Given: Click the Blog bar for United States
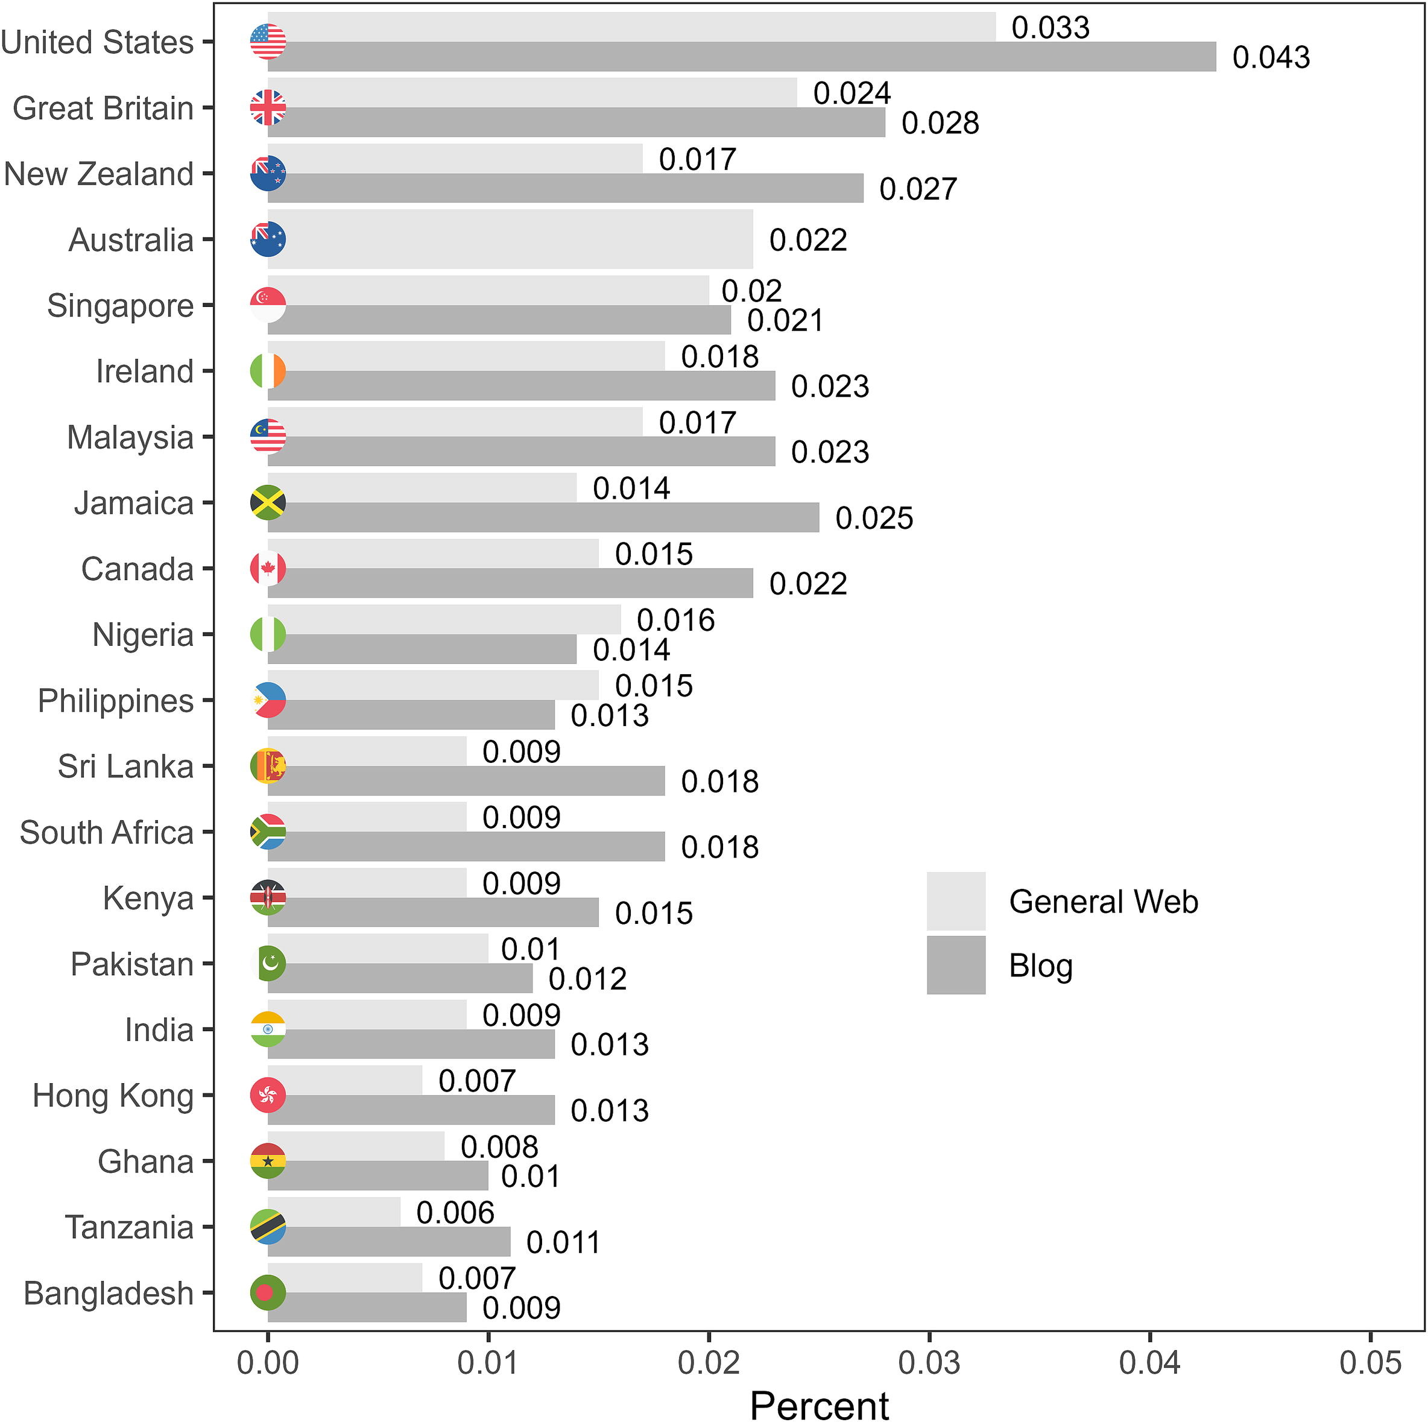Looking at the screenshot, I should click(741, 57).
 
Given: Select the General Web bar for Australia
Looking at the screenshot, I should click(510, 239).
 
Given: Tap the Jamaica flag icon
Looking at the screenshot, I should click(268, 502).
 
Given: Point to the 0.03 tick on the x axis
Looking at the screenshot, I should click(929, 1362).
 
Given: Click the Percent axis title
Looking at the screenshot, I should click(819, 1405).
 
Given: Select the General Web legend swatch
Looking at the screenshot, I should click(956, 901).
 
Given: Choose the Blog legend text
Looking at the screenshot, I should click(1040, 965).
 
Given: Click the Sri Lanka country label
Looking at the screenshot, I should click(125, 766).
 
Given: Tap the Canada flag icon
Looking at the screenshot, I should click(268, 568).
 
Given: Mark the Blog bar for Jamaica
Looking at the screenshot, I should click(543, 517).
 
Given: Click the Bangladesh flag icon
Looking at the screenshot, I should click(268, 1293).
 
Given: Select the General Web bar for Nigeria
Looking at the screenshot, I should click(443, 619).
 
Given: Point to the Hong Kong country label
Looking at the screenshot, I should click(113, 1095).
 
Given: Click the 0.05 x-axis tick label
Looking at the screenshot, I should click(1370, 1362).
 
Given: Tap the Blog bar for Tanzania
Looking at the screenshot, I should click(389, 1242).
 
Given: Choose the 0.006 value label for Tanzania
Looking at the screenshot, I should click(455, 1213).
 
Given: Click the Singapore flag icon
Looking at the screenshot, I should click(268, 305).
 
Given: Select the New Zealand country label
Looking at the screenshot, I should click(98, 174).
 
